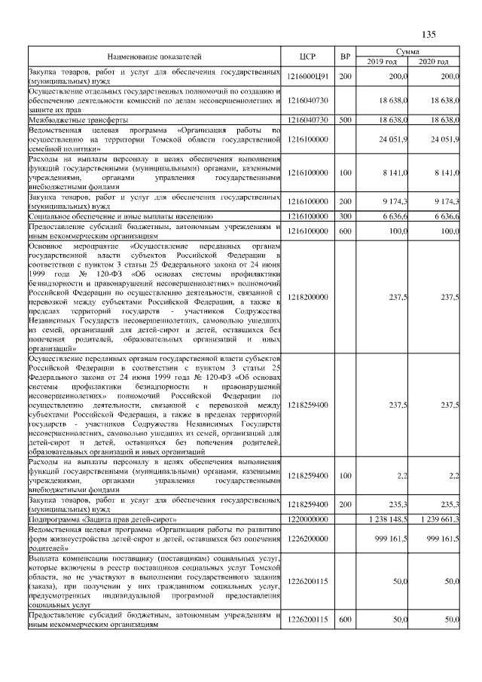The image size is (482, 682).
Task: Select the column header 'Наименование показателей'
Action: tap(154, 57)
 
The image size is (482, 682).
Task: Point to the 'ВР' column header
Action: tap(345, 57)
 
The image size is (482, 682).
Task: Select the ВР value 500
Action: tap(345, 120)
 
